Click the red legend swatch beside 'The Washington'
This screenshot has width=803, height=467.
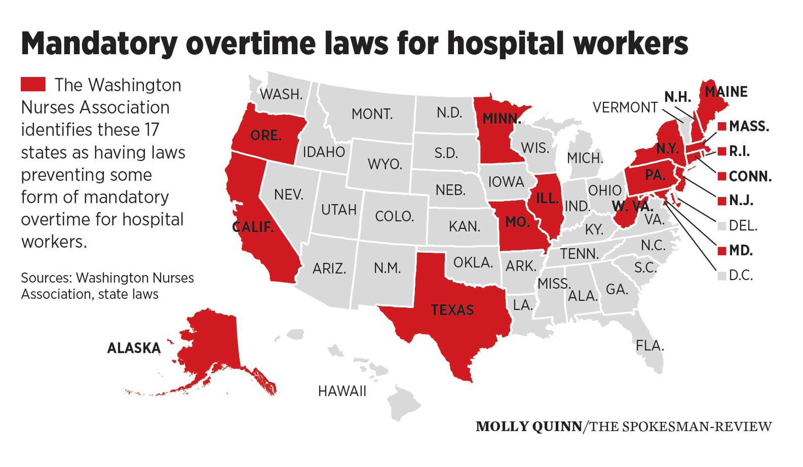(x=33, y=84)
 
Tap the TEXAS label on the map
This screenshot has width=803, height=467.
(x=452, y=310)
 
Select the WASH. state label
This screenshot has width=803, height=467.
(x=281, y=94)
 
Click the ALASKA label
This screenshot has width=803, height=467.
(x=134, y=348)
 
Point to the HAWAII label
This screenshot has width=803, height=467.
(x=342, y=391)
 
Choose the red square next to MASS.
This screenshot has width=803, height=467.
(x=722, y=127)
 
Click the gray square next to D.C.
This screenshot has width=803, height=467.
(x=722, y=276)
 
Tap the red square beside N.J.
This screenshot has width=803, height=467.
(x=722, y=201)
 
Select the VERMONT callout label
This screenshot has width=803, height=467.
(x=625, y=107)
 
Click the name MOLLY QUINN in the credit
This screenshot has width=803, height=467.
(x=529, y=427)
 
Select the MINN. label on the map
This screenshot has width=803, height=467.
(x=501, y=119)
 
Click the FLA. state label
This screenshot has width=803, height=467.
(x=650, y=346)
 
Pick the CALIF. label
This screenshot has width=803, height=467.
(x=253, y=227)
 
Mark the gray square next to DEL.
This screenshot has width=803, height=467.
(x=722, y=226)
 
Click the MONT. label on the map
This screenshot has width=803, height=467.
(x=372, y=114)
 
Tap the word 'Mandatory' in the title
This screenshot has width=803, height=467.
(x=99, y=44)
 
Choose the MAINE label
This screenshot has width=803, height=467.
(x=726, y=92)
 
